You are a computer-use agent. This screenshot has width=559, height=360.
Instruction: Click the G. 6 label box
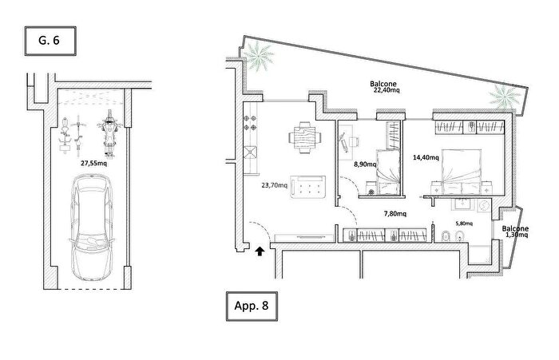tap(50, 41)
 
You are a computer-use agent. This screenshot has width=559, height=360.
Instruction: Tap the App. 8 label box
tap(252, 306)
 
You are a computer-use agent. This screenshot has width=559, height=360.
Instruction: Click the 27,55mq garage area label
tap(93, 164)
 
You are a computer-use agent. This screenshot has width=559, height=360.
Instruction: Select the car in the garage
tap(92, 227)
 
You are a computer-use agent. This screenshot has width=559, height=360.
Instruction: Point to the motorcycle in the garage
tap(109, 133)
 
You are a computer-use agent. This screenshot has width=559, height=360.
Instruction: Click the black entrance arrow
tap(260, 251)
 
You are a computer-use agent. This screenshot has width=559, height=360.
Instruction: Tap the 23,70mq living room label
tap(274, 185)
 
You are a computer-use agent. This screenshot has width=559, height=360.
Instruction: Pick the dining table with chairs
tap(305, 137)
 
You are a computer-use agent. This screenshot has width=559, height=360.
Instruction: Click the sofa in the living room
tap(307, 187)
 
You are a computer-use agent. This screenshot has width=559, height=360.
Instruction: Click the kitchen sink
tap(250, 152)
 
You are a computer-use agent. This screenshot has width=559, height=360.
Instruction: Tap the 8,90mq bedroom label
tap(365, 164)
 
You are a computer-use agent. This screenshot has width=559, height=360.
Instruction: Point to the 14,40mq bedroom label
tap(426, 157)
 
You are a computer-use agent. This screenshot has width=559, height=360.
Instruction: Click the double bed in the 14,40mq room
tap(462, 172)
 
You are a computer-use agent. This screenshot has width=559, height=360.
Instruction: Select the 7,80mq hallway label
tap(395, 213)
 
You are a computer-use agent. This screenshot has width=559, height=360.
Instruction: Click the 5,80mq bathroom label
tap(464, 224)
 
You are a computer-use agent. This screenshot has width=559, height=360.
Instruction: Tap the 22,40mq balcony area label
tap(387, 90)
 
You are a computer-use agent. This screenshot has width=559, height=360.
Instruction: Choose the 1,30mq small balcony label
tap(517, 235)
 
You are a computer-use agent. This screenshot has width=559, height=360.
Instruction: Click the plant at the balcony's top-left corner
tap(260, 56)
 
